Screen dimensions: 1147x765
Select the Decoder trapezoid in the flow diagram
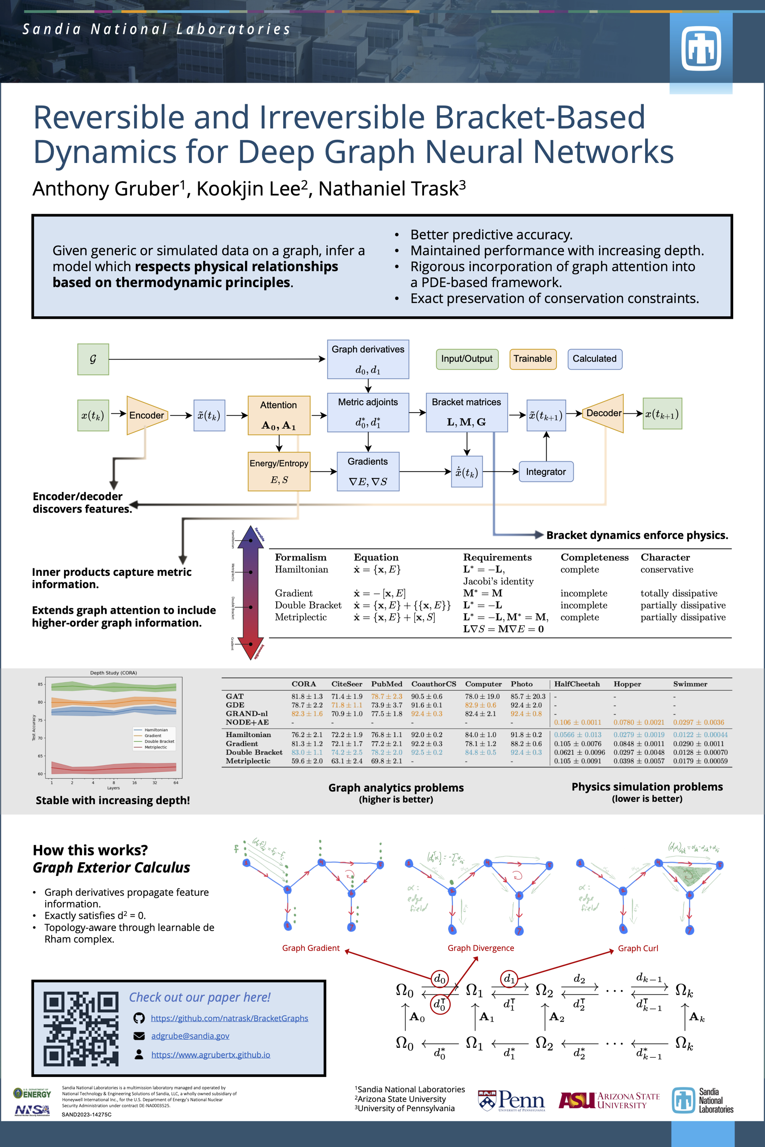pyautogui.click(x=604, y=413)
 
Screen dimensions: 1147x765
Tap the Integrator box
pyautogui.click(x=545, y=472)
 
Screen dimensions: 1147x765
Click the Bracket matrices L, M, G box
pyautogui.click(x=467, y=413)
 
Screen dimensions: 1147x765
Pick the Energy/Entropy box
pyautogui.click(x=279, y=471)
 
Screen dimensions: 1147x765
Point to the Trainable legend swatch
pyautogui.click(x=532, y=359)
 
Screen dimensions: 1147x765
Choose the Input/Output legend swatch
pyautogui.click(x=467, y=359)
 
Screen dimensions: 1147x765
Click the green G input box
pyautogui.click(x=93, y=359)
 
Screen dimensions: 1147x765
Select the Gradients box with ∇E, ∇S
pyautogui.click(x=368, y=471)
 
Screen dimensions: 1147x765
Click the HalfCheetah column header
pyautogui.click(x=577, y=684)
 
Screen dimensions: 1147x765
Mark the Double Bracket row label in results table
pyautogui.click(x=254, y=752)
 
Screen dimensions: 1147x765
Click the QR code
pyautogui.click(x=80, y=1028)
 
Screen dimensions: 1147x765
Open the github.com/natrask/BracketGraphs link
pyautogui.click(x=229, y=1018)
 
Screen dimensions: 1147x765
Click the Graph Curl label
pyautogui.click(x=637, y=948)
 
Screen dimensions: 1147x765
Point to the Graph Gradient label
pyautogui.click(x=311, y=947)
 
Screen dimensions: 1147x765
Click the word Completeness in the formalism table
pyautogui.click(x=594, y=557)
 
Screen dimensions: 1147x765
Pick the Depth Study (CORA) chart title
pyautogui.click(x=113, y=673)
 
